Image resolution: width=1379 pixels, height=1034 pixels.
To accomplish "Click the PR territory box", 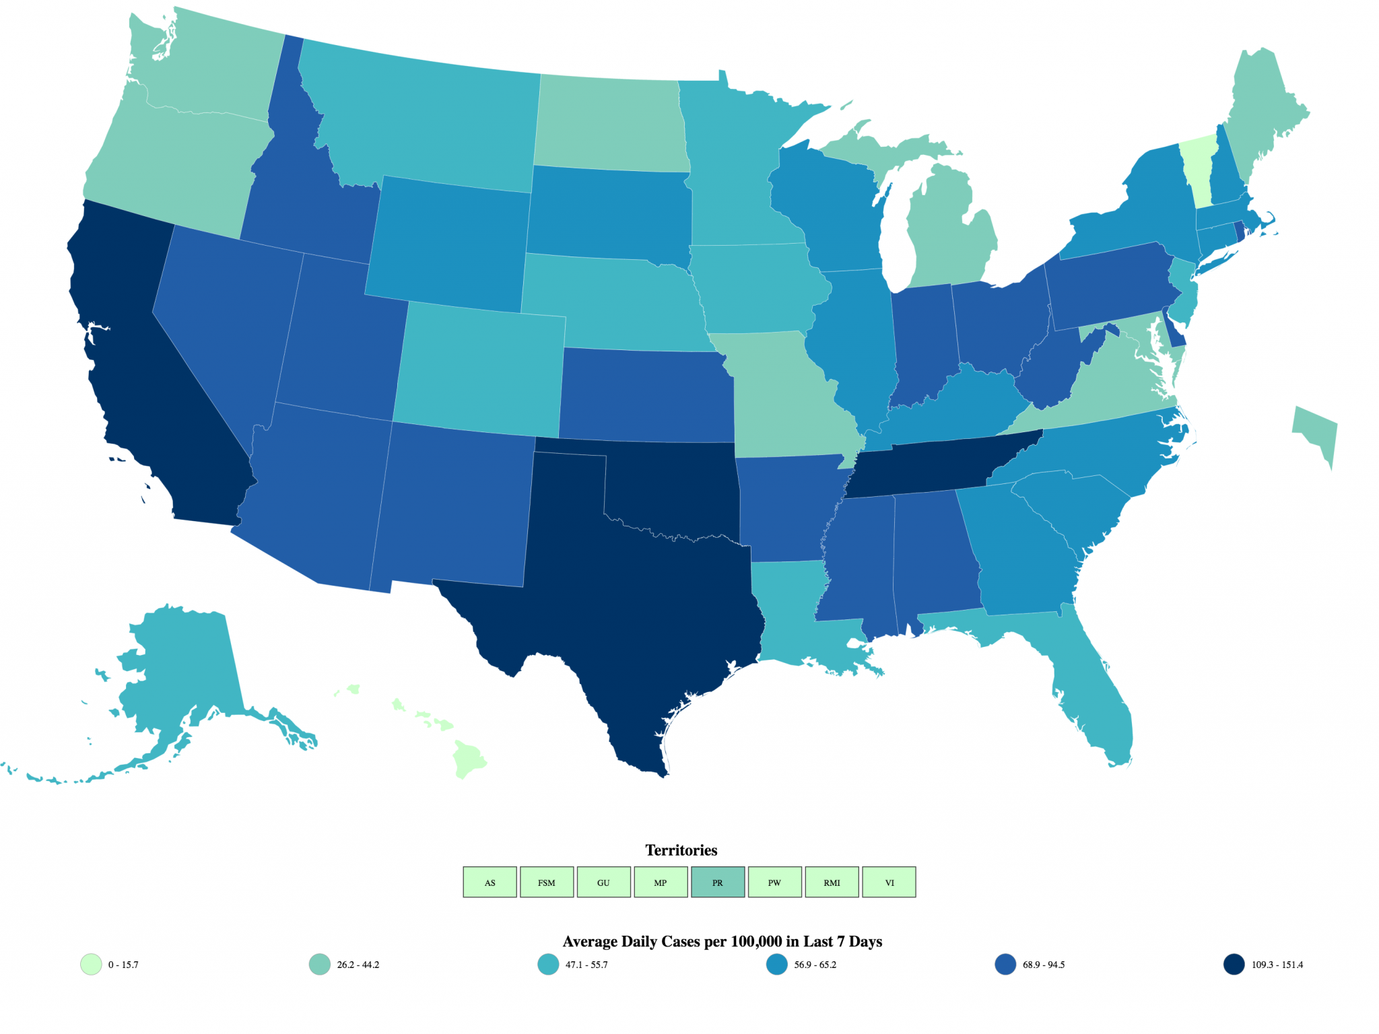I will tap(717, 882).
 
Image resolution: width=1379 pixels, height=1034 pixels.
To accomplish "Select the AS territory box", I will tap(490, 882).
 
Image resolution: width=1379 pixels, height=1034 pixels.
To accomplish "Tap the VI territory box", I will tap(889, 882).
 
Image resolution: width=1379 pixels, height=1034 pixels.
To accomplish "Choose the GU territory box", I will tap(603, 882).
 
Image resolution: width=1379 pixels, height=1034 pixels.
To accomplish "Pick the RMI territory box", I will tap(832, 882).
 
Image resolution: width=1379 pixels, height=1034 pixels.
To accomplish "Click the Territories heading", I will tap(681, 850).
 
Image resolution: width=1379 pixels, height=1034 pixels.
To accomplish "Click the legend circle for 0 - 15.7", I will tap(91, 964).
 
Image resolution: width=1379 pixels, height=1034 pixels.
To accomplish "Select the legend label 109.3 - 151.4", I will tap(1277, 965).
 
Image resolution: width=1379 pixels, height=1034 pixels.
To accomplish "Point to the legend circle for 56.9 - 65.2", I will tap(776, 964).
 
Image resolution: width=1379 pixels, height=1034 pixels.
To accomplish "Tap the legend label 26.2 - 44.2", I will tap(358, 965).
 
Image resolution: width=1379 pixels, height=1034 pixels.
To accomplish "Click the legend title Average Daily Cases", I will tap(722, 941).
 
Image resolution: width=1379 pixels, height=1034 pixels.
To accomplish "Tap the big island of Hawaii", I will tap(469, 759).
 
